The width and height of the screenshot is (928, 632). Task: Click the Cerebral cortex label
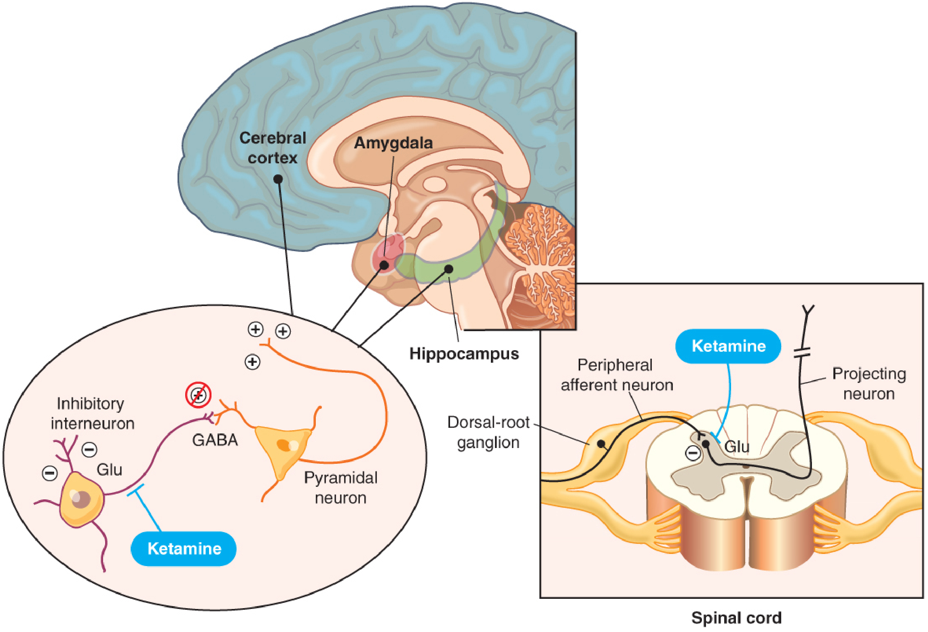(x=273, y=148)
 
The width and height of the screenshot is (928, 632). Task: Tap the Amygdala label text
(x=393, y=143)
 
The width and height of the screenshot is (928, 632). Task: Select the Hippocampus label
(x=464, y=354)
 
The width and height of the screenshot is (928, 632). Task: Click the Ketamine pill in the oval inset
(x=184, y=549)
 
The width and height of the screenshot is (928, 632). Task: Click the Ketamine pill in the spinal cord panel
(x=728, y=347)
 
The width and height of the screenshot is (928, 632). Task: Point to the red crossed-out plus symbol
(x=198, y=395)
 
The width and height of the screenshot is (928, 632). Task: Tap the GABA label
(x=215, y=440)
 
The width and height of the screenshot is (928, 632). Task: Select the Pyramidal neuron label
(x=340, y=488)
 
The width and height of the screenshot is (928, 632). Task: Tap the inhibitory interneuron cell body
(x=81, y=500)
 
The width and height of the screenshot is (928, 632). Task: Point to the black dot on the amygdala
(x=384, y=265)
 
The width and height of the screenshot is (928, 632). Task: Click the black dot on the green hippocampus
(x=448, y=268)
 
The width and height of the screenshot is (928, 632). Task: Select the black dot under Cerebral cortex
(x=278, y=179)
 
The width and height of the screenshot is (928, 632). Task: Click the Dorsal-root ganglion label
(x=488, y=433)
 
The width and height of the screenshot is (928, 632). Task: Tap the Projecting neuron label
(x=869, y=383)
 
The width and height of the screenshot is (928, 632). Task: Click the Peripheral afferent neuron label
(x=617, y=375)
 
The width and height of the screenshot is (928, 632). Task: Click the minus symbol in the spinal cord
(x=693, y=453)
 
